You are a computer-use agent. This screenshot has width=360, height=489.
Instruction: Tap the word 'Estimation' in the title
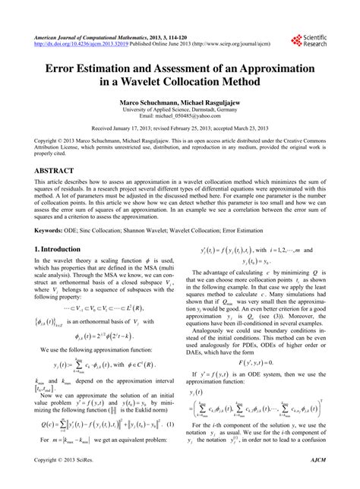click(x=111, y=69)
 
